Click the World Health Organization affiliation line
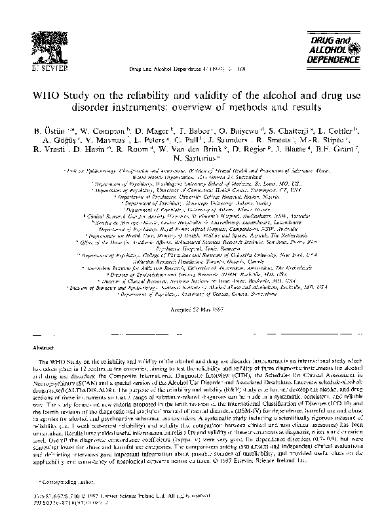[191, 194]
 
